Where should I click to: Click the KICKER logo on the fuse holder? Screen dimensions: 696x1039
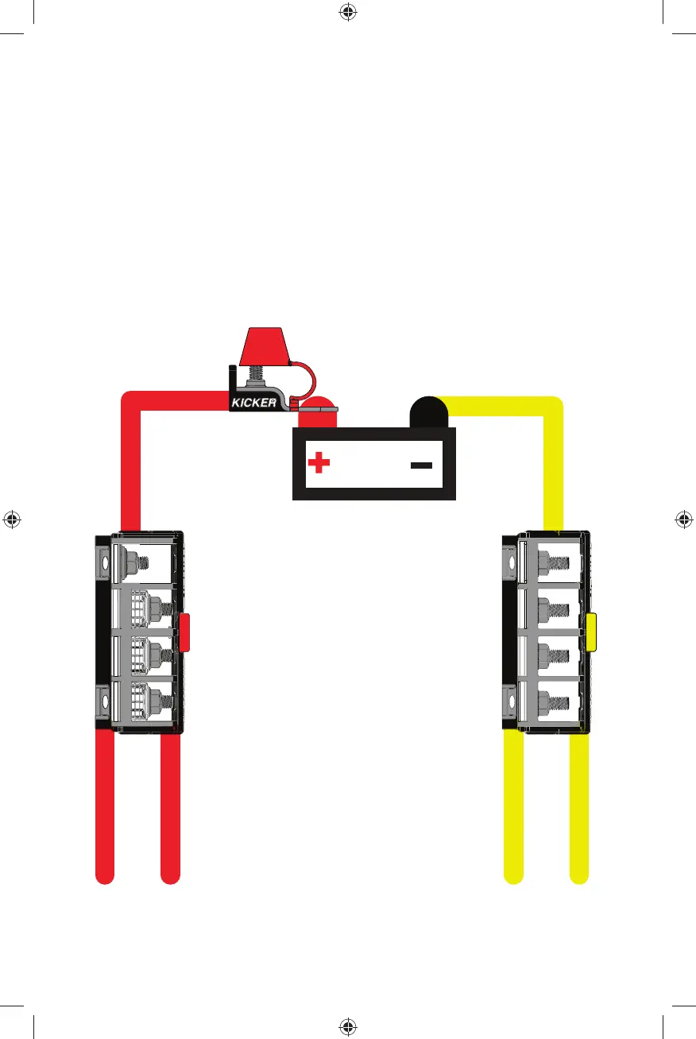tap(254, 403)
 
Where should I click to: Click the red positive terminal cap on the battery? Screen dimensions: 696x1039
tap(318, 413)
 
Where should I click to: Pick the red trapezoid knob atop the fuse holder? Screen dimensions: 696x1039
tap(264, 345)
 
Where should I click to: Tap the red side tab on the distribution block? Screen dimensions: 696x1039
tap(185, 632)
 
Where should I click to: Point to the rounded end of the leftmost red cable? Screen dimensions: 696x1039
tap(105, 875)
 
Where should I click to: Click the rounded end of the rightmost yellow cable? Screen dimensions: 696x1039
tap(579, 875)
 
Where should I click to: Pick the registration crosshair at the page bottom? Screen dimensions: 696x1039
tap(347, 1026)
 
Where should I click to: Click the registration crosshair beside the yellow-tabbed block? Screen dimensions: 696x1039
tap(683, 519)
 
